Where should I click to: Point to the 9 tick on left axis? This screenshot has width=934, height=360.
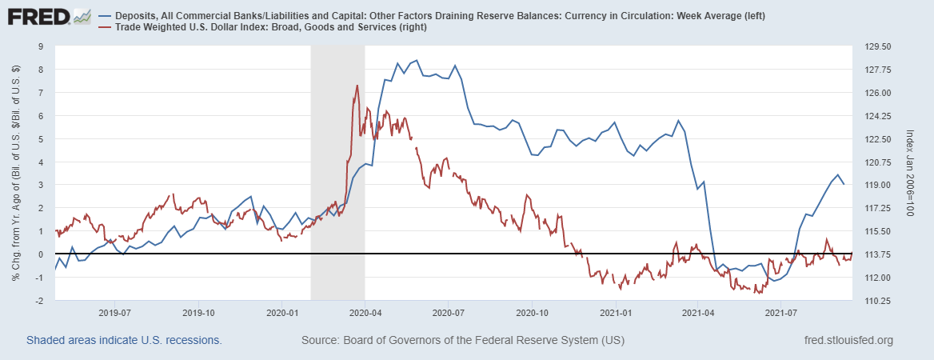(x=41, y=46)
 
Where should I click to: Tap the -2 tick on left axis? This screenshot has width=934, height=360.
(x=39, y=301)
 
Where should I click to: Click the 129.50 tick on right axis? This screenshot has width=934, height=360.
(x=873, y=46)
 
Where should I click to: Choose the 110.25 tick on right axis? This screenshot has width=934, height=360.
(x=873, y=301)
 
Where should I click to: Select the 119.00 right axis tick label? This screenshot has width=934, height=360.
(x=873, y=186)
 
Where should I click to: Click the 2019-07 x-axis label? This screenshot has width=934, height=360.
(x=114, y=313)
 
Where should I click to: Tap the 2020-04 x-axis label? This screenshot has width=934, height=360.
(x=365, y=313)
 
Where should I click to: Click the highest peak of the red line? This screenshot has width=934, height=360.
(x=356, y=85)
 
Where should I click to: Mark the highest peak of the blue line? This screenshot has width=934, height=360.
(x=416, y=61)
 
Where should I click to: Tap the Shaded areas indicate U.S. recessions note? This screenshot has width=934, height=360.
(x=124, y=341)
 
